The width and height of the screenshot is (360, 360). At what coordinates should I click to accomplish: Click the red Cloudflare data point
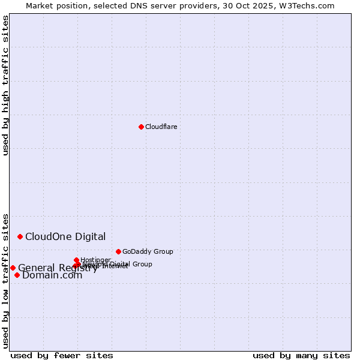pos(141,127)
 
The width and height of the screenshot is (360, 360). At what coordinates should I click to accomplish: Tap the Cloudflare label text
pos(161,127)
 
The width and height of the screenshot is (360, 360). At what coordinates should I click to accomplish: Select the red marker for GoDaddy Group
pos(118,251)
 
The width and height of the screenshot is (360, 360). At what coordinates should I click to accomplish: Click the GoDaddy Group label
pos(148,251)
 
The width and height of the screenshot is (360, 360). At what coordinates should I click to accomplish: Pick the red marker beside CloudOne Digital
pos(20,236)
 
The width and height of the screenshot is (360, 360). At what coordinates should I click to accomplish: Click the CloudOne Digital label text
pos(65,236)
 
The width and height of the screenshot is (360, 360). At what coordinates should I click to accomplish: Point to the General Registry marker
pos(13,268)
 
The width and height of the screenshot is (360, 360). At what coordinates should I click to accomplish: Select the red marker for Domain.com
pos(17,275)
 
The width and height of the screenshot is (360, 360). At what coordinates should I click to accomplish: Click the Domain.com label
pos(52,275)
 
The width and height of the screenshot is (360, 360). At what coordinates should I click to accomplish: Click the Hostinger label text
pos(95,260)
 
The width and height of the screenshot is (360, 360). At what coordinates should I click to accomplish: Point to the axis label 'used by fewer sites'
pos(62,355)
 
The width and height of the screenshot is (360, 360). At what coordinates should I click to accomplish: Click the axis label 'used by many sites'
pos(301,355)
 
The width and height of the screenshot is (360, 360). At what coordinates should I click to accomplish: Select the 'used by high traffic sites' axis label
pos(5,85)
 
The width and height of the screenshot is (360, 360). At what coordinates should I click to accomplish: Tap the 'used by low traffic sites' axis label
pos(5,280)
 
